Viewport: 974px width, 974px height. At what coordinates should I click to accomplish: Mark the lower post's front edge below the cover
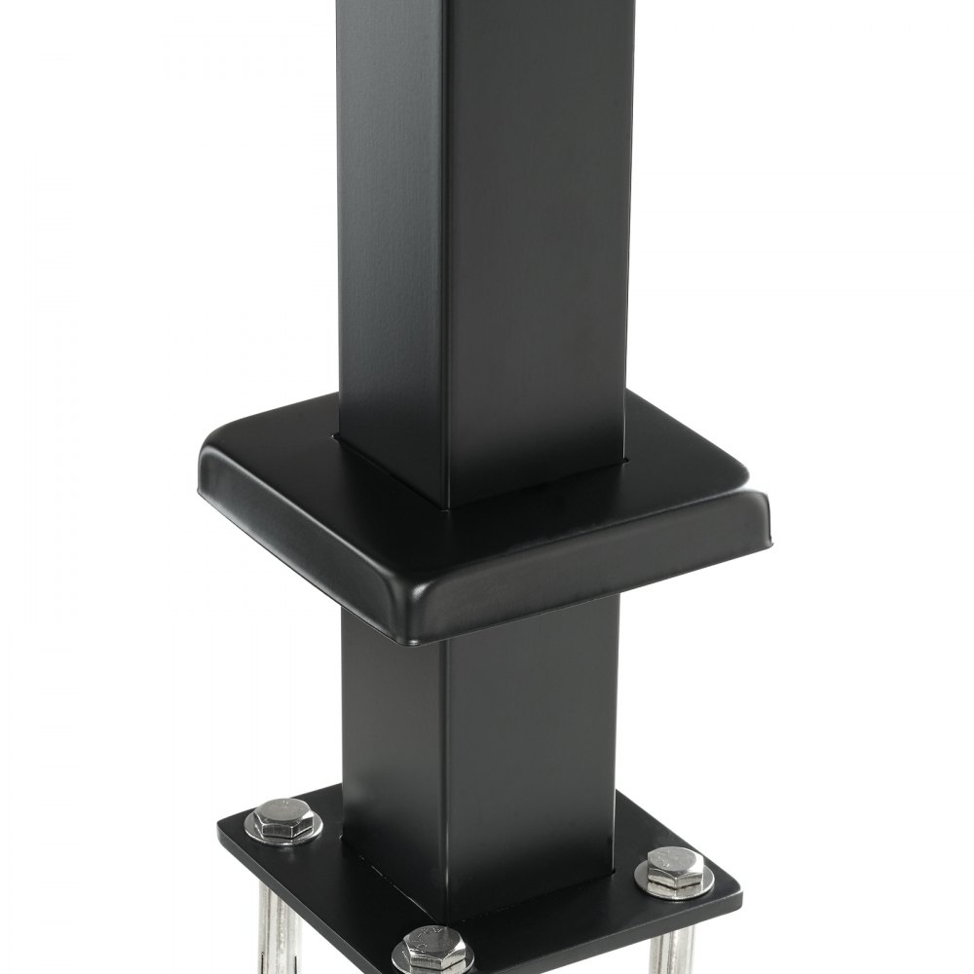[x=446, y=740]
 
